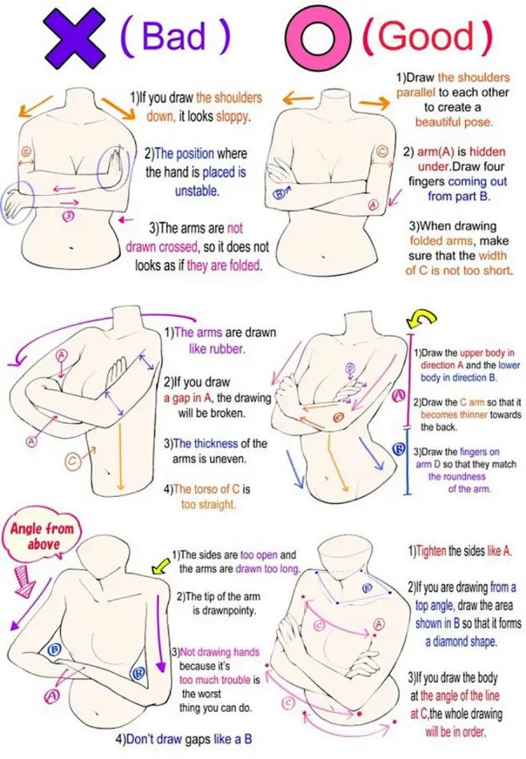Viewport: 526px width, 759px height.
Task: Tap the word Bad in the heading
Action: coord(174,36)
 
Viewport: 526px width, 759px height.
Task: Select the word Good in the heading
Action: coord(425,36)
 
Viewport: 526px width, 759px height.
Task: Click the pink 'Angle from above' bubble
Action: coord(42,537)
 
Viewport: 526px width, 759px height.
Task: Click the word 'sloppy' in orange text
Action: coord(233,117)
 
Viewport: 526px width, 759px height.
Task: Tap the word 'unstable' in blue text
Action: coord(196,191)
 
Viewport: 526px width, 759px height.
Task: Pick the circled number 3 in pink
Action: coord(70,216)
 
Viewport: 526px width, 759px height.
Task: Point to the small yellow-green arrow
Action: coord(160,565)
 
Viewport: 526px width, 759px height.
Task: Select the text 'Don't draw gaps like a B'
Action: coord(184,740)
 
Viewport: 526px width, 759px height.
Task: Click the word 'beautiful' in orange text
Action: coord(436,121)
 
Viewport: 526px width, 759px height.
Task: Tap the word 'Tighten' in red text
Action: coord(431,550)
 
